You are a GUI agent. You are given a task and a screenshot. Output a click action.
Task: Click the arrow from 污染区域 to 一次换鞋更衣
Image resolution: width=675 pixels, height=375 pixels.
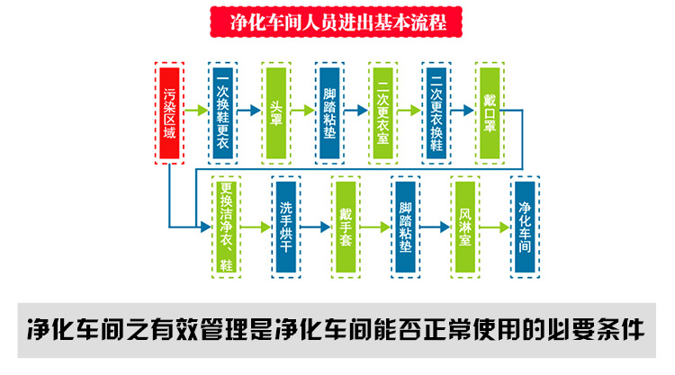[197, 112]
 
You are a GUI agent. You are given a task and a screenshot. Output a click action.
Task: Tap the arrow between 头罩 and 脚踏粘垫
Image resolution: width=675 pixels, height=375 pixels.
[304, 112]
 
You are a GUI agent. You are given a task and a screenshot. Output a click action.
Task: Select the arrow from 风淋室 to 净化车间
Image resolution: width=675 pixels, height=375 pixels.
[495, 227]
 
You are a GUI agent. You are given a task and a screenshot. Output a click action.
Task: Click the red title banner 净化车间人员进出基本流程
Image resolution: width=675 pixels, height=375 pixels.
[335, 21]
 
